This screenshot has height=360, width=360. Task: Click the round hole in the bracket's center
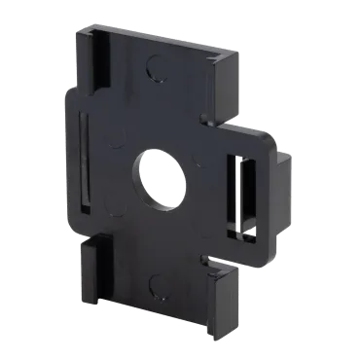(161, 178)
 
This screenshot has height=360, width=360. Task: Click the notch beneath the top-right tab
(208, 126)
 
